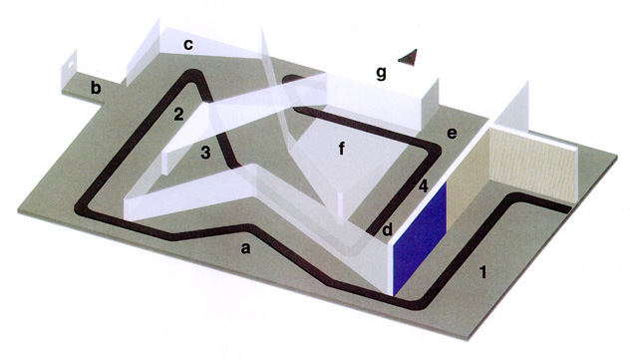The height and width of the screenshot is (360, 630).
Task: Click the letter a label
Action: [x=245, y=248]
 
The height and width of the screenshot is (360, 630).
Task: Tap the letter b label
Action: [x=96, y=87]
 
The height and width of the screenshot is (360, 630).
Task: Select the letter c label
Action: [x=188, y=45]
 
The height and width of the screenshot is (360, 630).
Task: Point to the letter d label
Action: [x=387, y=229]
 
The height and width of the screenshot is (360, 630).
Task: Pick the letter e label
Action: [x=452, y=133]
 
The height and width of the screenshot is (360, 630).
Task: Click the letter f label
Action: [x=342, y=149]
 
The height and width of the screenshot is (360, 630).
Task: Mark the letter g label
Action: [x=381, y=74]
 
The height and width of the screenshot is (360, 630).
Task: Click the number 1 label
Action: [x=483, y=272]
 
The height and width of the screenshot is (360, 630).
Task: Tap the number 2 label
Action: [x=178, y=114]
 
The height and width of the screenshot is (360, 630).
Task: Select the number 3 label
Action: [x=205, y=153]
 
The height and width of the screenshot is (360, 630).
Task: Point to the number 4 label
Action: [x=423, y=186]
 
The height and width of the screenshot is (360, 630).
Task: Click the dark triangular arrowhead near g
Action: [x=409, y=57]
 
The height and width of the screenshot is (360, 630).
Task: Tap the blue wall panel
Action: [x=420, y=237]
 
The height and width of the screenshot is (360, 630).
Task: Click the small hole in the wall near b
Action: [x=70, y=63]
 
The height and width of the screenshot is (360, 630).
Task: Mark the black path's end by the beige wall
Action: [x=567, y=209]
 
